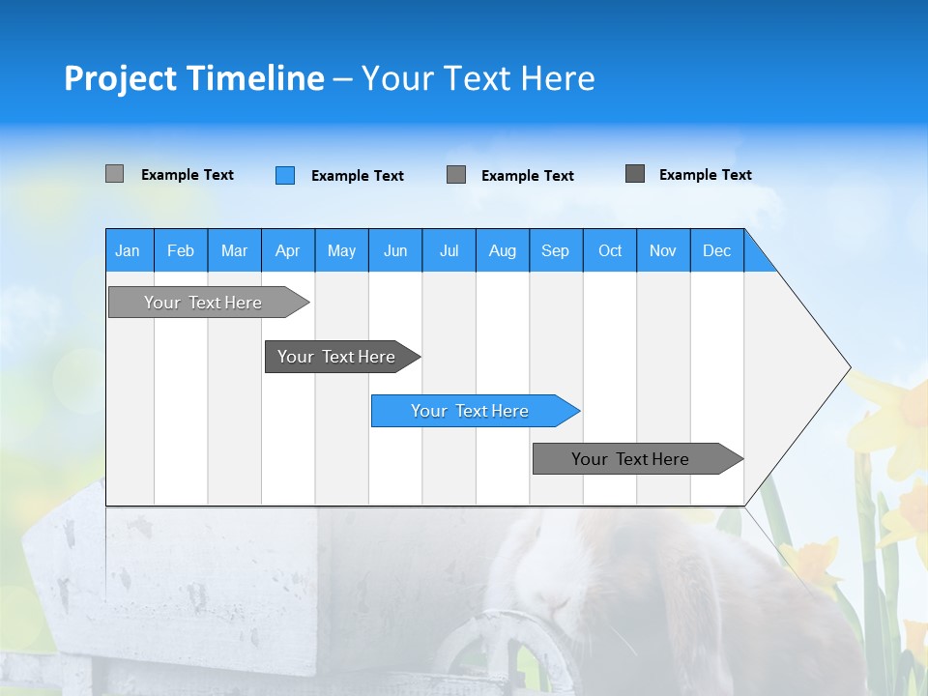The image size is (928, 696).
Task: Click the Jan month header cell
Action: point(129,250)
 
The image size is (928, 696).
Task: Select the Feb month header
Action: point(181,250)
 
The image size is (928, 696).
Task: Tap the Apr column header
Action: point(288,250)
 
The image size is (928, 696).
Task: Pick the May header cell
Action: point(341,250)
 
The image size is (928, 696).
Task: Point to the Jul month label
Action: point(449,250)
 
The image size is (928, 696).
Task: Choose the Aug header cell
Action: point(503,250)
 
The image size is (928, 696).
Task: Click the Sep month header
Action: point(556,250)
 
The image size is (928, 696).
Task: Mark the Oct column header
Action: point(610,250)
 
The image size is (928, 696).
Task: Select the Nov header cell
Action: point(663,250)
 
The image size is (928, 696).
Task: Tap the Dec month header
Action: point(717,250)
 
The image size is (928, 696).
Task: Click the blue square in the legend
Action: point(285,175)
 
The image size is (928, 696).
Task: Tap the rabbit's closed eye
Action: point(554,600)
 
